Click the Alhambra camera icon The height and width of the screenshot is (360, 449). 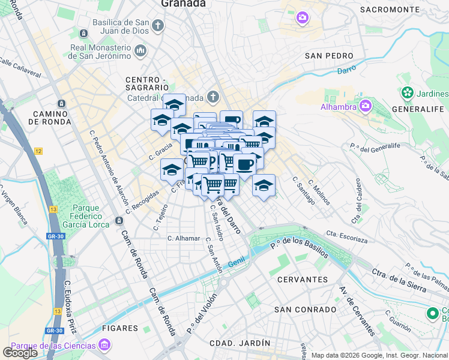(365, 106)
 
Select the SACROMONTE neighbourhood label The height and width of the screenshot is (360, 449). (390, 10)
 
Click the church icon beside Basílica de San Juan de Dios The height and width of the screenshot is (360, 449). (158, 25)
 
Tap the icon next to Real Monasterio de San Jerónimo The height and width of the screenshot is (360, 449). (141, 50)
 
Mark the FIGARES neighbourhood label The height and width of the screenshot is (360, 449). (120, 328)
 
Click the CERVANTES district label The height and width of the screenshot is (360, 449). (303, 280)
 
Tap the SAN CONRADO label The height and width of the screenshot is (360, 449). (305, 310)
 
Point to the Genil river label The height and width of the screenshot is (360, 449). (237, 262)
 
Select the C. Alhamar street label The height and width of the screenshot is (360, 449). (184, 238)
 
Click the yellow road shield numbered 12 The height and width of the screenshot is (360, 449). (39, 151)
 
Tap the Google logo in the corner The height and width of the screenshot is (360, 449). (20, 353)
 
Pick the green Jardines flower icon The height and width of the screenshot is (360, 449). (408, 94)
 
